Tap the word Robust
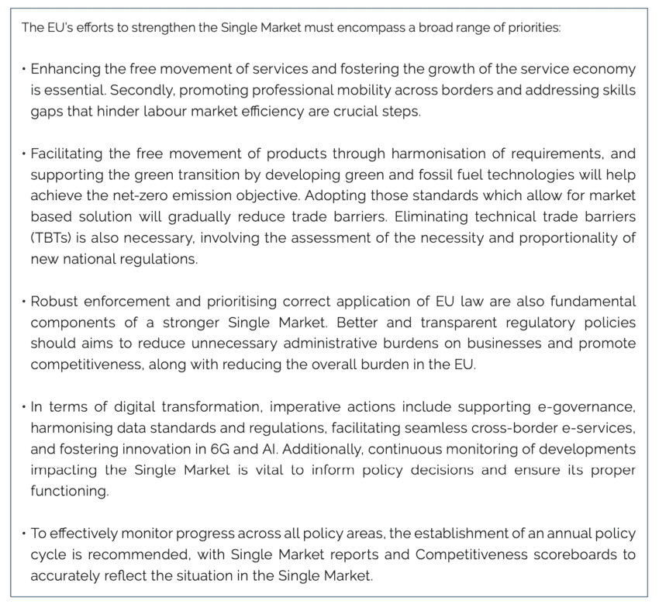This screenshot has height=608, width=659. tap(52, 301)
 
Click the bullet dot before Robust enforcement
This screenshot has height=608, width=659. tap(24, 301)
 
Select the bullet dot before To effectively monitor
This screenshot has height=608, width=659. tap(24, 534)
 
